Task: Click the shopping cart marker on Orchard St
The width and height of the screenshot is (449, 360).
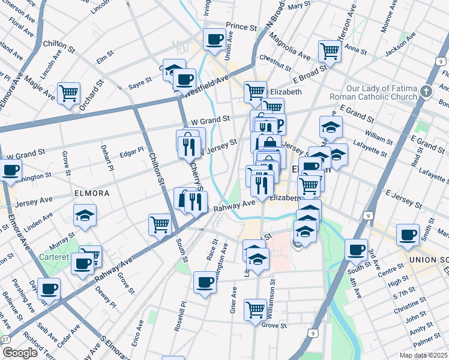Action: [69, 94]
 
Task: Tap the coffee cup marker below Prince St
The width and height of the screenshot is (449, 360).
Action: [214, 40]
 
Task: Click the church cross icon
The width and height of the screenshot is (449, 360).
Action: [426, 92]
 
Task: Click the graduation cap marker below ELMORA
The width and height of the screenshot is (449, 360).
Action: [85, 215]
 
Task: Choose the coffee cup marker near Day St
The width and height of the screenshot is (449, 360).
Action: [49, 289]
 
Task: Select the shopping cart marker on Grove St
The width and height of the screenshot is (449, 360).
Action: [255, 310]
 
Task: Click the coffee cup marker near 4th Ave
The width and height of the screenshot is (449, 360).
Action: [356, 250]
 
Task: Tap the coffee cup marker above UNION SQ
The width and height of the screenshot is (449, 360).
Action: [408, 235]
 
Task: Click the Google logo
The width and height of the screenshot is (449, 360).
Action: [20, 353]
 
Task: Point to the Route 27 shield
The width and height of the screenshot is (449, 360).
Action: [5, 339]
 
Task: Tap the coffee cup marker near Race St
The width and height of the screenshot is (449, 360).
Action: [205, 283]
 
